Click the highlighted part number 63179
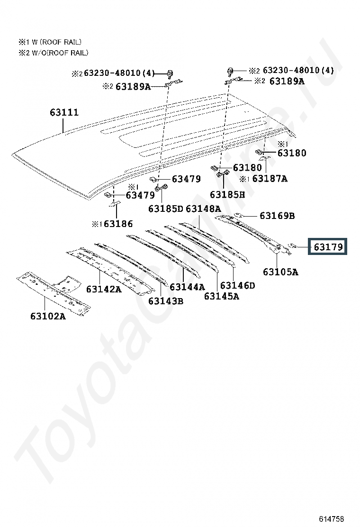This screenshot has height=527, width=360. [328, 247]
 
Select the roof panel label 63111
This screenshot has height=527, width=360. [64, 113]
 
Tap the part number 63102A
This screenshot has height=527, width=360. [48, 316]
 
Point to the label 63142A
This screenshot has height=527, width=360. [104, 289]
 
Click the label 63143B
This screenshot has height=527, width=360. [165, 300]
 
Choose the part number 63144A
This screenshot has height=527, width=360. [187, 287]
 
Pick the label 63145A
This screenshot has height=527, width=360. [221, 296]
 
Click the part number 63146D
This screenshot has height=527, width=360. [237, 285]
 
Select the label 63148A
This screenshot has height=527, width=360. [203, 209]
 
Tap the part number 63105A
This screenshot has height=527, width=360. [280, 272]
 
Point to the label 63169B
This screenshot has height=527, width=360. [277, 216]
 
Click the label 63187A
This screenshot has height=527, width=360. [270, 179]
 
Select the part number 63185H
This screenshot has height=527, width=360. [227, 194]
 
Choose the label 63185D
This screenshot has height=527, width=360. [165, 209]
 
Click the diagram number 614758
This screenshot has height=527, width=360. [331, 518]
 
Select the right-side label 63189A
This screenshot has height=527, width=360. [287, 81]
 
